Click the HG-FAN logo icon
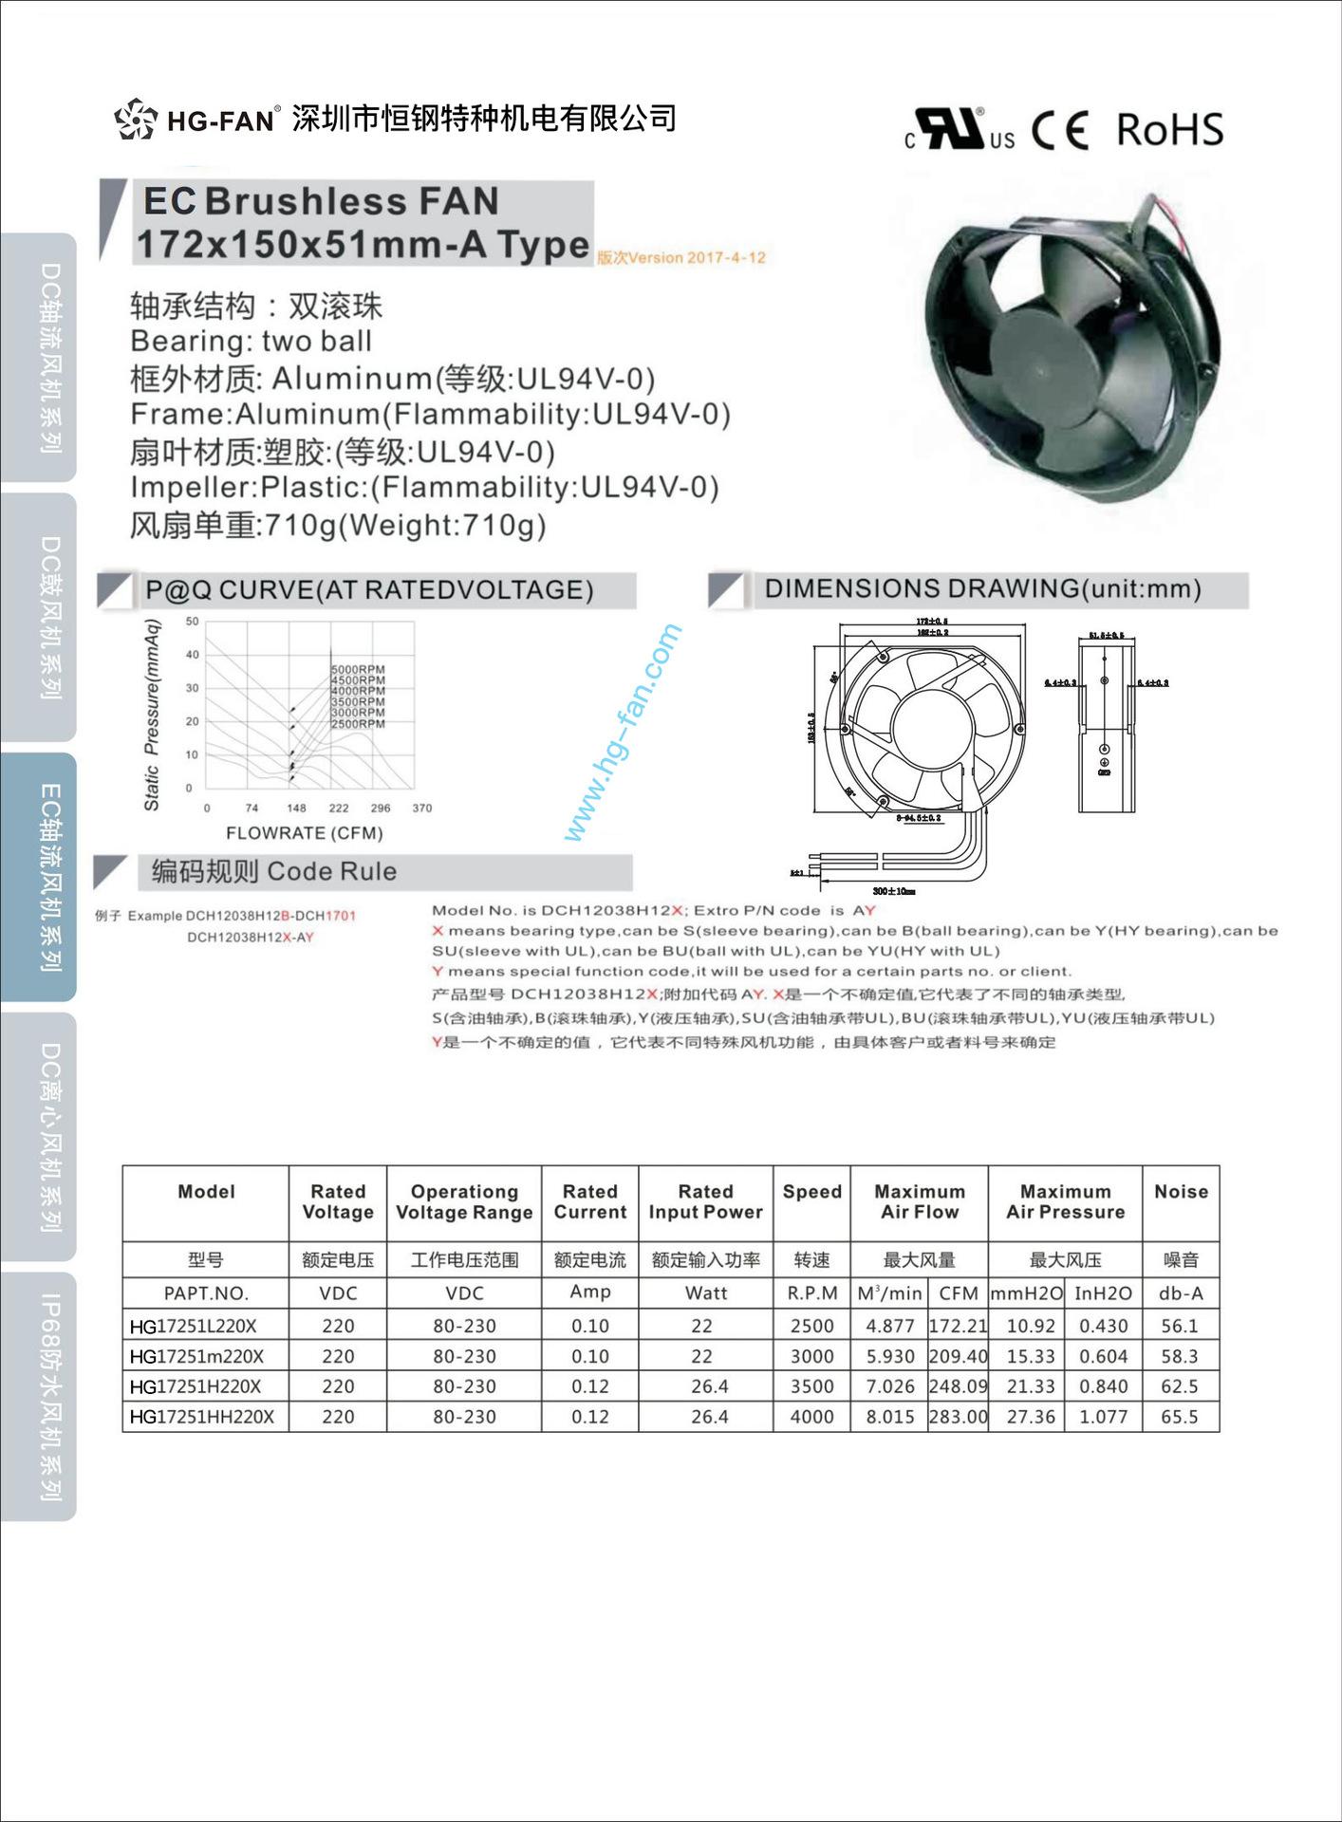tap(135, 120)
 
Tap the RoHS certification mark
tap(1169, 130)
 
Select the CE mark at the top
tap(1059, 130)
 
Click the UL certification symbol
tap(959, 130)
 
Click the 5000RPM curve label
tap(358, 670)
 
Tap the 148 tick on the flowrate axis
tap(296, 809)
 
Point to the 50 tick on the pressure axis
tap(193, 622)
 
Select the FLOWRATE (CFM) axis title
tap(304, 833)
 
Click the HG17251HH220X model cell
tap(202, 1417)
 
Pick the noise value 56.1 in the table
tap(1180, 1326)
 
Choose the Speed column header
tap(811, 1192)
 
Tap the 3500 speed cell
tap(811, 1386)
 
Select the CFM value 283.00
tap(958, 1417)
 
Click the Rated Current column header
tap(589, 1201)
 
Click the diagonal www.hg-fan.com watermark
tap(623, 732)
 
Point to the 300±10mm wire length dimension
tap(893, 891)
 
